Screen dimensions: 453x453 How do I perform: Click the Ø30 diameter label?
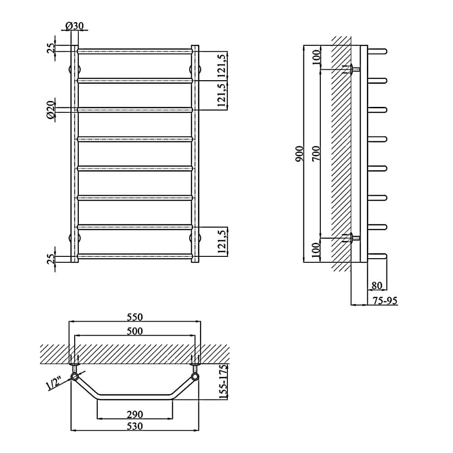pos(75,26)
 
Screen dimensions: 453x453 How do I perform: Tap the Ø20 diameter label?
pos(51,110)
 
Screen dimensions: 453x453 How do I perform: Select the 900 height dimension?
pos(300,154)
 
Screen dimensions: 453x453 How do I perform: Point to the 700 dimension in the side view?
pos(316,154)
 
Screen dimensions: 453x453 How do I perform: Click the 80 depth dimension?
pos(377,285)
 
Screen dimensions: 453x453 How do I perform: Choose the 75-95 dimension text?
pos(385,301)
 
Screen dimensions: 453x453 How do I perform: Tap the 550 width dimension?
pos(135,317)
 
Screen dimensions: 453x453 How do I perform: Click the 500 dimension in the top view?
pos(135,331)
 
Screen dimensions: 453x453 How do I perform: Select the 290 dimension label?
pos(135,414)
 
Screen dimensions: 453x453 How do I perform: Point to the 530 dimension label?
pos(135,426)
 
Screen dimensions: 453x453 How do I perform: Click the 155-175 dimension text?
pos(223,381)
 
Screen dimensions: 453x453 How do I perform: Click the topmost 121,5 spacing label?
pos(222,65)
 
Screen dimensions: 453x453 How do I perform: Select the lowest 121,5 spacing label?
pos(222,241)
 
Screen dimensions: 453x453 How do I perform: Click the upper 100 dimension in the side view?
pos(316,57)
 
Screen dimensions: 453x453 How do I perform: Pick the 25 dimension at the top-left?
pos(51,48)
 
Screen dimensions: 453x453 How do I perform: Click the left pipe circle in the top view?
pos(75,376)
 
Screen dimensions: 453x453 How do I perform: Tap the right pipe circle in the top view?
pos(195,376)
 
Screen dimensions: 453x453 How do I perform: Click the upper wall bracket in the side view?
pos(351,69)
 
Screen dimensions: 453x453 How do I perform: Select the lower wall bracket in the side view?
pos(351,238)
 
